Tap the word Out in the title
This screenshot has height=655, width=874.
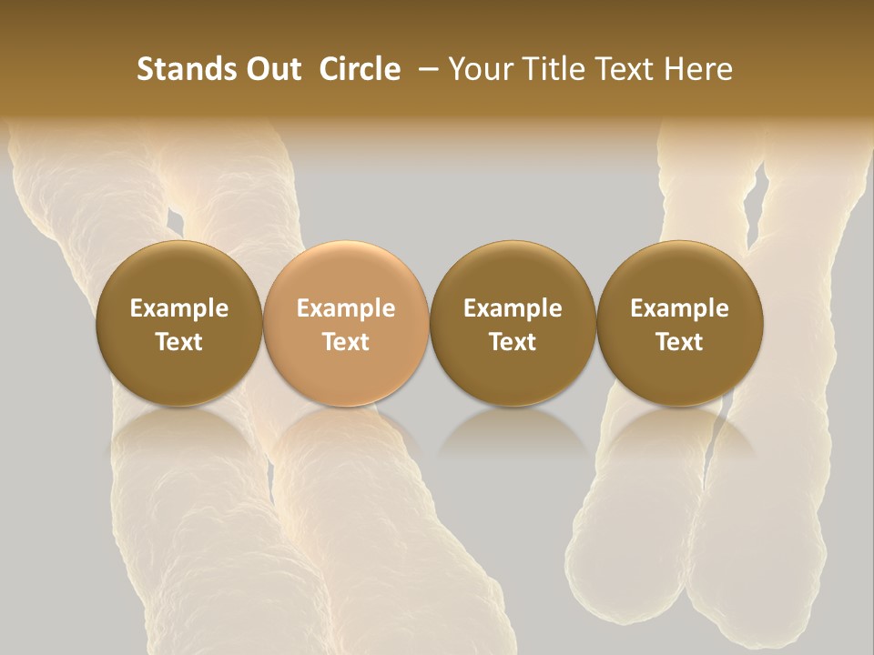(x=272, y=69)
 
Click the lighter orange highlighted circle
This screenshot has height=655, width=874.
(x=346, y=323)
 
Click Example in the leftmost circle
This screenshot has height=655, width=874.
(x=179, y=308)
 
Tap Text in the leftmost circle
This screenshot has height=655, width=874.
(x=179, y=342)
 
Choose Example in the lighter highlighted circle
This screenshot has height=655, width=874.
(x=346, y=308)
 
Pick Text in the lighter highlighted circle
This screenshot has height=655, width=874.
(x=346, y=342)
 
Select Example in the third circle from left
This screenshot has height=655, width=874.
(x=513, y=308)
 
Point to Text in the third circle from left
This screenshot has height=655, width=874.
(x=513, y=342)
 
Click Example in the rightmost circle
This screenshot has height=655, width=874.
(x=679, y=308)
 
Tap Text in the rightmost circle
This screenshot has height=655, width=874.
(x=679, y=342)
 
